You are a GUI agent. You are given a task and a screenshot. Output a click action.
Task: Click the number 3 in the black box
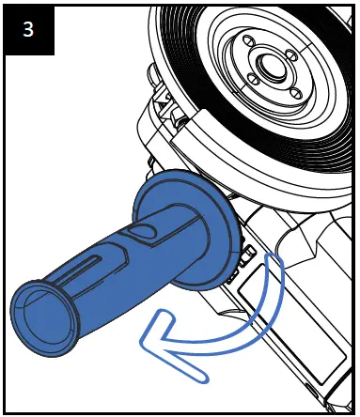click(30, 28)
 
